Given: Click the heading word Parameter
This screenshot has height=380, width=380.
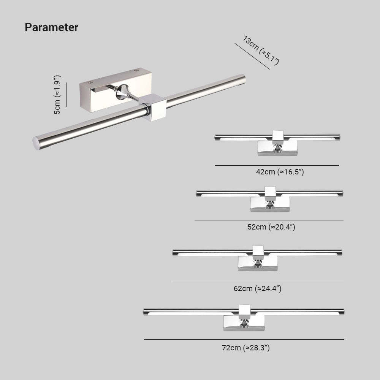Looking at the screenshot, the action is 51,27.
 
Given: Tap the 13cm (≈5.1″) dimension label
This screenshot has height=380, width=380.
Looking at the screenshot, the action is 261,51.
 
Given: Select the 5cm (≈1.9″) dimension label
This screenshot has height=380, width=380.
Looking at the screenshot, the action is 57,95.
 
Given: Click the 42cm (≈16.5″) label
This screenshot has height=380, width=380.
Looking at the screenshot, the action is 280,172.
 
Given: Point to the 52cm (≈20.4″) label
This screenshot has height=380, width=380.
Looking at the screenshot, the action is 271,227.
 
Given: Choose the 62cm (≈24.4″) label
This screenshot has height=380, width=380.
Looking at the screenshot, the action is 257,288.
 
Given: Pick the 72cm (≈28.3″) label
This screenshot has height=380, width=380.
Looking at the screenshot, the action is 246,348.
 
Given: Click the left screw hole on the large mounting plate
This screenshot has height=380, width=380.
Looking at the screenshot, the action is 90,83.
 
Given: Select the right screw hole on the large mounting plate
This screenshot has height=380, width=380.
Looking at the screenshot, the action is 136,71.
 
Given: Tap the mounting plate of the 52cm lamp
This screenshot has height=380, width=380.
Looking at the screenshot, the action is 270,204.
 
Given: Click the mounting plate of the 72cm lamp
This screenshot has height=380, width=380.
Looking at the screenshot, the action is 244,323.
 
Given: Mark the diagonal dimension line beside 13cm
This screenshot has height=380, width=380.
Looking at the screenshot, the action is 252,56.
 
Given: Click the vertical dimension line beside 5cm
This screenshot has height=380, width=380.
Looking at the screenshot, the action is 66,95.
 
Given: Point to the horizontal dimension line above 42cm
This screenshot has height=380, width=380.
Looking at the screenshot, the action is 277,166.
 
